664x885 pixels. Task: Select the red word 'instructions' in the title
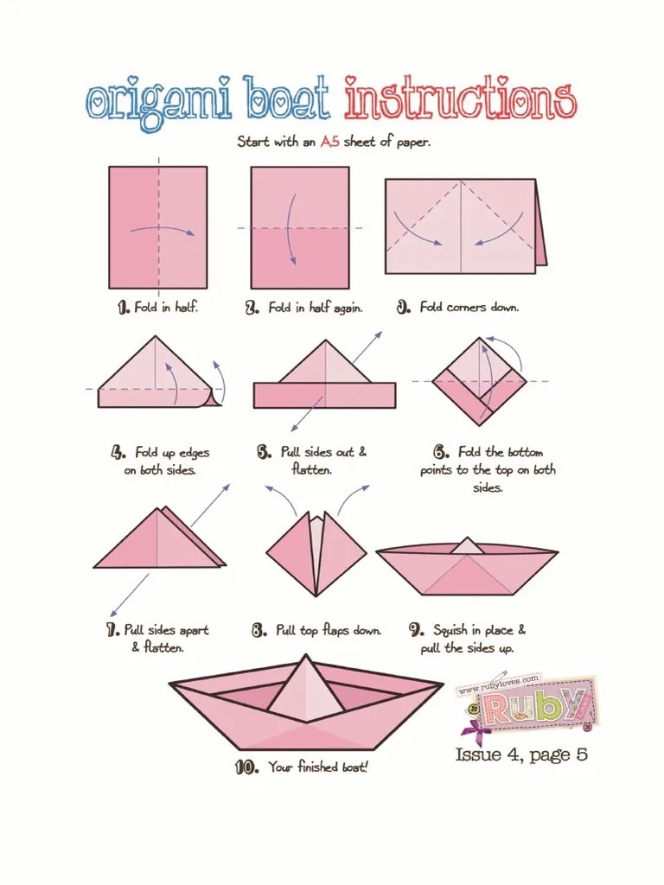click(460, 99)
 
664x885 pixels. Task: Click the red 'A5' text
click(329, 141)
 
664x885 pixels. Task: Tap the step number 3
click(403, 308)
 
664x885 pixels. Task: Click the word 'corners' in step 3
click(466, 308)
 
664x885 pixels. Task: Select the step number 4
click(118, 453)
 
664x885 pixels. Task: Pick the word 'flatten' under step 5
click(311, 469)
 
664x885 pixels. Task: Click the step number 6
click(442, 452)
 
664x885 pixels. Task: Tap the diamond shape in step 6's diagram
click(479, 381)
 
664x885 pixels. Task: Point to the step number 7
click(112, 630)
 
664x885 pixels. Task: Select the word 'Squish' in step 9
click(450, 630)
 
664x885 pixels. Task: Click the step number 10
click(246, 767)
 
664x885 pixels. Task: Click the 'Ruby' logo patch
click(528, 705)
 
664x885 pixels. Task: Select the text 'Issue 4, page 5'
click(521, 754)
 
